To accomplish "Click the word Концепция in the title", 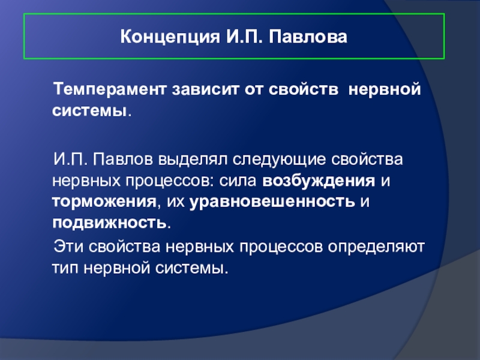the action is click(x=170, y=37).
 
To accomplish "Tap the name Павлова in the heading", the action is click(x=308, y=37).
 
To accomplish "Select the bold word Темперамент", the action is click(x=110, y=89).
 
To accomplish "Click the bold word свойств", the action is click(x=304, y=89).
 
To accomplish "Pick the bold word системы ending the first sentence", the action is click(x=89, y=110).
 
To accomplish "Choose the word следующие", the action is click(x=279, y=160).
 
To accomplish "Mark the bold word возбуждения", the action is click(x=319, y=181).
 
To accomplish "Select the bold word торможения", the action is click(x=104, y=202).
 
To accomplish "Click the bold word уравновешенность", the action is click(x=272, y=202).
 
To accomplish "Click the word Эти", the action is click(x=68, y=247).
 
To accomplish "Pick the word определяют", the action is click(x=376, y=247).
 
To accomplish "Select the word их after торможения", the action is click(x=175, y=202).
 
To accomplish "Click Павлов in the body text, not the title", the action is click(x=123, y=160).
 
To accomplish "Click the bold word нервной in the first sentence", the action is click(x=385, y=89).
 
